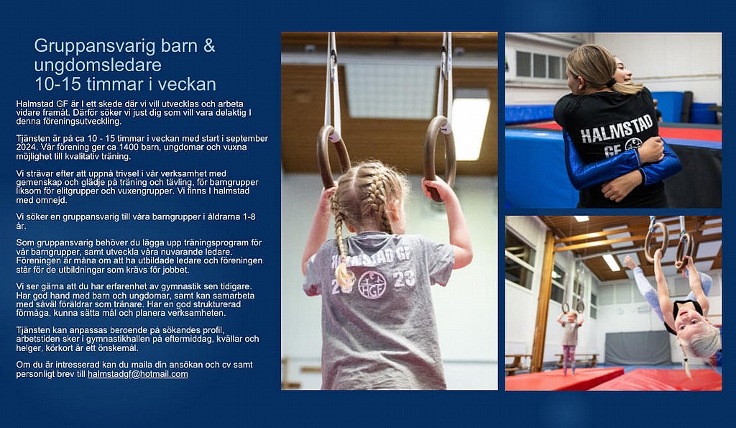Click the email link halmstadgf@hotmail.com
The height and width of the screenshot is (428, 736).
(137, 374)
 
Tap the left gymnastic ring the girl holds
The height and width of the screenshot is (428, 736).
(332, 156)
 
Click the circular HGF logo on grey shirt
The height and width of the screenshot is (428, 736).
(372, 285)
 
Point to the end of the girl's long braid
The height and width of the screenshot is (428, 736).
(344, 280)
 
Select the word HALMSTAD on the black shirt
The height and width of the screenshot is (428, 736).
(616, 129)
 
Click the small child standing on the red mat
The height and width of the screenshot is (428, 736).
(570, 341)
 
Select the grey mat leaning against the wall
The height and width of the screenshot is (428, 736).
(637, 348)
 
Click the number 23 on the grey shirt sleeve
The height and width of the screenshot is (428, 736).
(404, 278)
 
